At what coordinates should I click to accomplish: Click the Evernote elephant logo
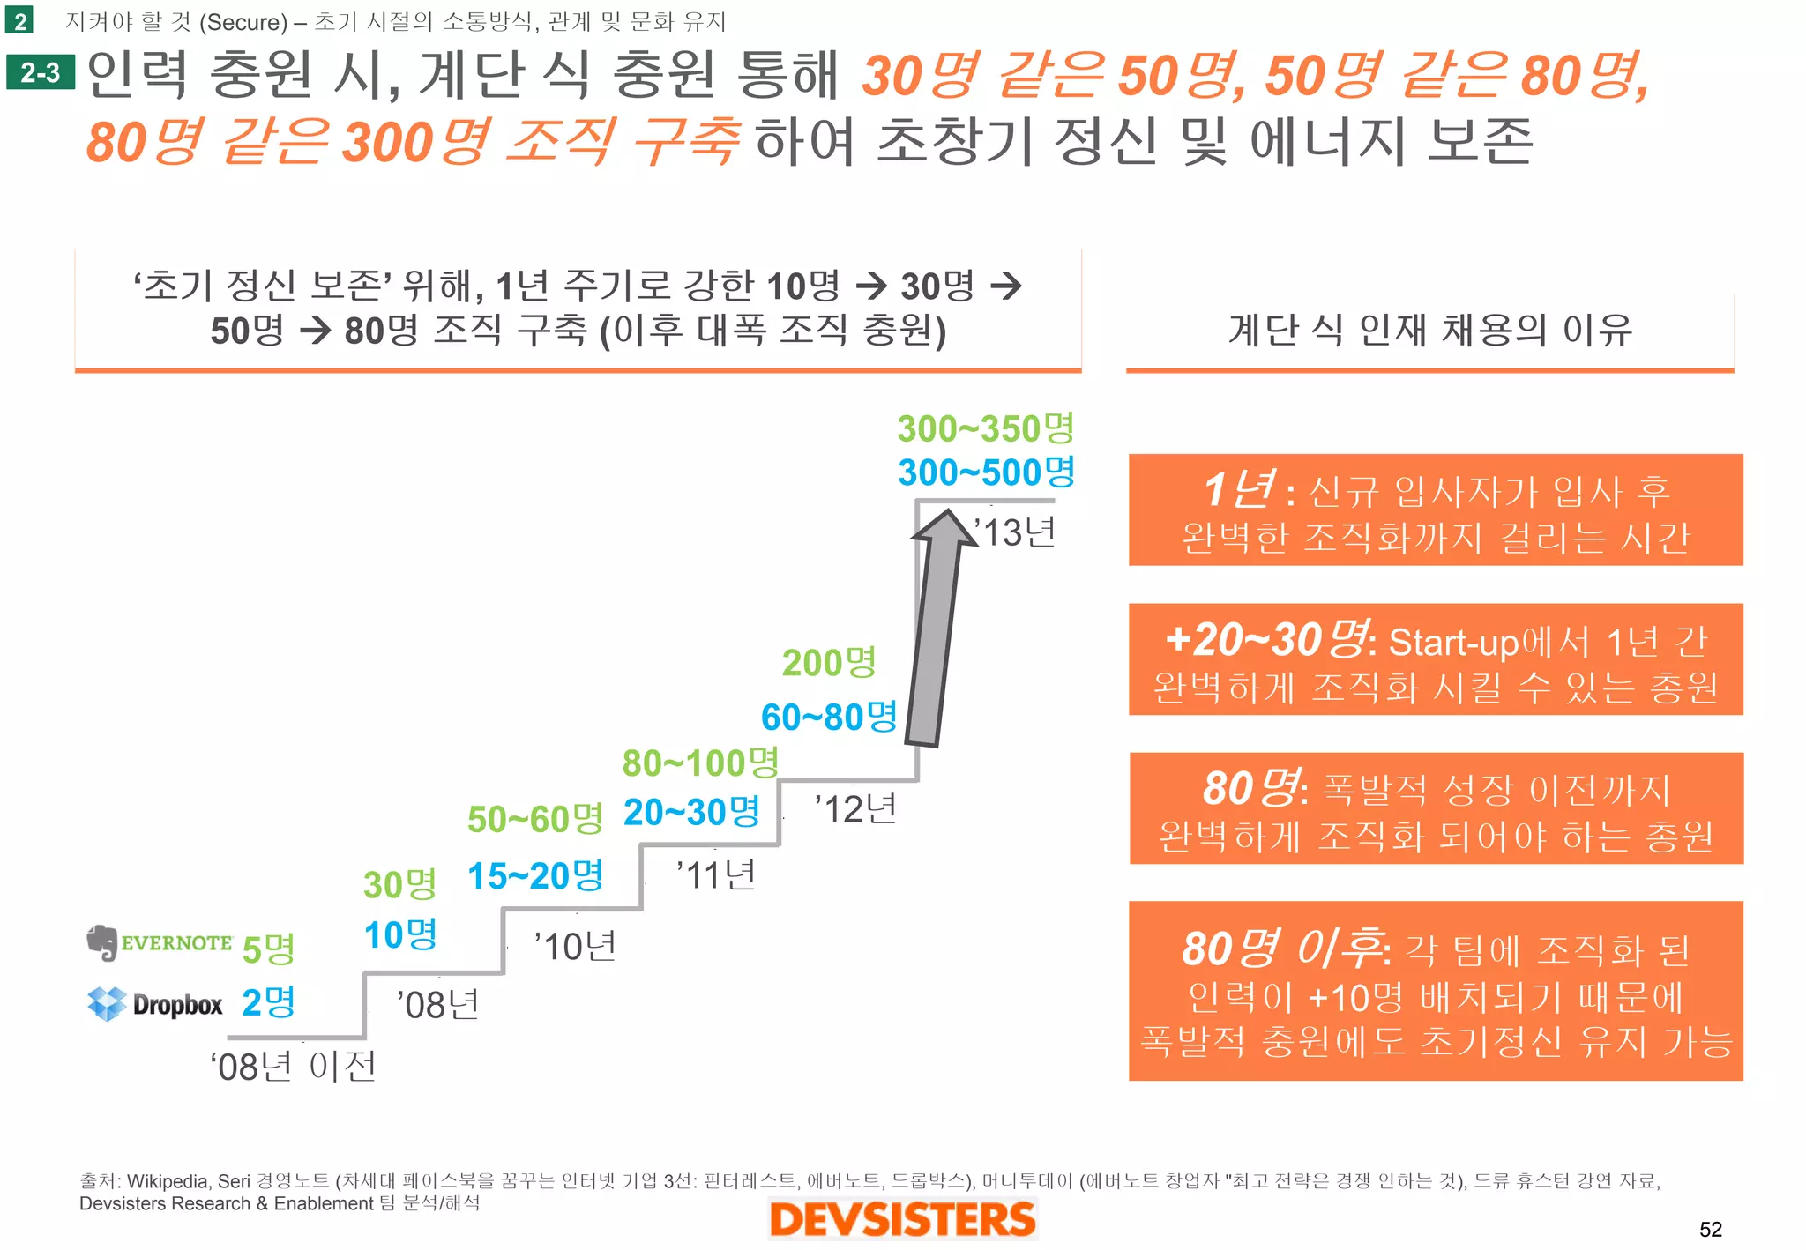tap(102, 942)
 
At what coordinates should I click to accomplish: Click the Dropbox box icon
tap(107, 1003)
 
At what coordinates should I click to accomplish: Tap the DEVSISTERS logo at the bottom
tap(902, 1219)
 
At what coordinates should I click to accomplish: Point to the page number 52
tap(1710, 1229)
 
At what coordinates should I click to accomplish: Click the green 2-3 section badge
tap(41, 72)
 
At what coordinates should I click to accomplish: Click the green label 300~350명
tap(986, 428)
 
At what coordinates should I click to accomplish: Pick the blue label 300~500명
tap(986, 472)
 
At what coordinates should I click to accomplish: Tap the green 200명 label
tap(829, 662)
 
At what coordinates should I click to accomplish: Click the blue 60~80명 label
tap(829, 717)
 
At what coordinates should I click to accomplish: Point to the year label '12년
tap(854, 808)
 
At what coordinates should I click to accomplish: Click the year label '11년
tap(715, 875)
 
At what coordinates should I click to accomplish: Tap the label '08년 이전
tap(294, 1067)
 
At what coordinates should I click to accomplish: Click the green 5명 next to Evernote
tap(268, 949)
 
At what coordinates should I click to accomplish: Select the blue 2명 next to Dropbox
tap(268, 1002)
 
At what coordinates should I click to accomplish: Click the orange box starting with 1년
tap(1435, 510)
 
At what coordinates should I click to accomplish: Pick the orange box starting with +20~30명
tap(1435, 659)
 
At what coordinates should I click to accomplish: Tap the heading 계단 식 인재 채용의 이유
tap(1429, 331)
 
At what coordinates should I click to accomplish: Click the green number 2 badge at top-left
tap(19, 20)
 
